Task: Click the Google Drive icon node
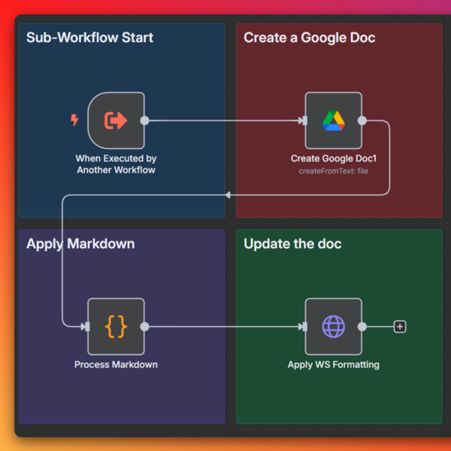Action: [333, 120]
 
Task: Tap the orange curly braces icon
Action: [116, 326]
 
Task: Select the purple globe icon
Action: [333, 326]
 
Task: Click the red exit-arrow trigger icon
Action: [116, 120]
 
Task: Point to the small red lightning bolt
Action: [74, 120]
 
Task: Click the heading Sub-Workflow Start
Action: [89, 38]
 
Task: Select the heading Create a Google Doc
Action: [310, 38]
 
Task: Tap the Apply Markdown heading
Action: [80, 244]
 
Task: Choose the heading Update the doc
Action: [292, 244]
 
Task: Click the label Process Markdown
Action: [116, 365]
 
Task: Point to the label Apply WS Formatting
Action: [333, 365]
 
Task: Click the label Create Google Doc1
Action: [333, 159]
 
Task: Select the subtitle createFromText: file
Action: [333, 171]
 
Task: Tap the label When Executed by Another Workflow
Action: [116, 164]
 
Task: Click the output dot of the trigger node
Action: [144, 120]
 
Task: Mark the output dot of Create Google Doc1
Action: [362, 120]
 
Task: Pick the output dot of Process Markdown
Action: [144, 326]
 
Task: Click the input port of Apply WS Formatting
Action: [304, 326]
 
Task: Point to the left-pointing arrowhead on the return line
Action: [228, 195]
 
